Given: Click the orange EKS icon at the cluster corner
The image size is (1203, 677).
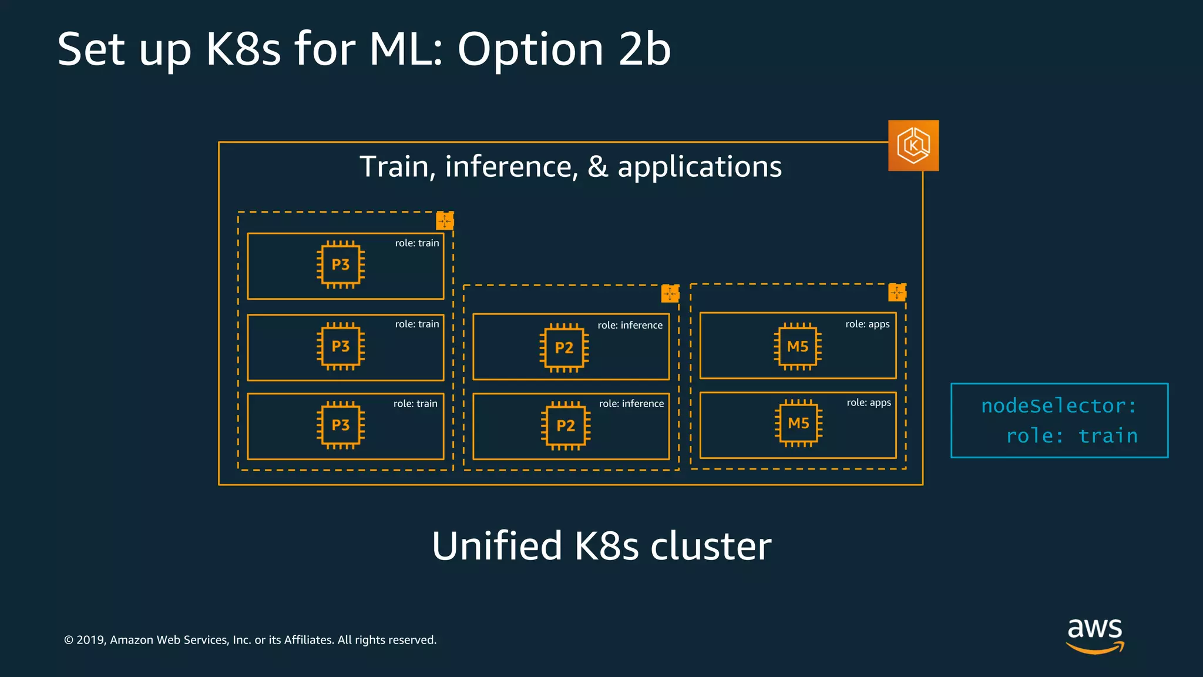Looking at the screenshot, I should [x=913, y=145].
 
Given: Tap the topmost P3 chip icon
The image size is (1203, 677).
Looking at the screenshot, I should [x=341, y=265].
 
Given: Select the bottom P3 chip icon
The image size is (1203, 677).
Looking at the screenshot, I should [x=341, y=425].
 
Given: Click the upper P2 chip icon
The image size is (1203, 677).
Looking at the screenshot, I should [x=564, y=348].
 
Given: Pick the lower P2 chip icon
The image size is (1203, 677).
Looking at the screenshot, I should [x=565, y=425].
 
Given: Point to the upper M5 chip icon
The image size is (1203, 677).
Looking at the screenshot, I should [x=798, y=347].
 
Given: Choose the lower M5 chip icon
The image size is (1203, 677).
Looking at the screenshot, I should [x=798, y=423].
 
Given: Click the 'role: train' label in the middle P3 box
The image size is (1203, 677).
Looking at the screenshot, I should [x=417, y=324].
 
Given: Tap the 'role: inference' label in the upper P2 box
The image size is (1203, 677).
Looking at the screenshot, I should [x=630, y=326].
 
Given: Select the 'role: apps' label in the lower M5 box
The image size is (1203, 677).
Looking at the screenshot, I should [x=868, y=403].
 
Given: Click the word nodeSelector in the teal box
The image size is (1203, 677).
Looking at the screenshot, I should [x=1053, y=406].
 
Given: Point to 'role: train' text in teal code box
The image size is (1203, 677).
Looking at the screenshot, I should [x=1072, y=436].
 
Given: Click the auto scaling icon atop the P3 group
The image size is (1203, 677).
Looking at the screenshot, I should [x=445, y=221].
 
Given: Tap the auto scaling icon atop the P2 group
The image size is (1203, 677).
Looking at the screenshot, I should [x=670, y=293].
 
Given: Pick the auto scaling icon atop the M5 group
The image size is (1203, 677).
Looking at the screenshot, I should [x=896, y=292].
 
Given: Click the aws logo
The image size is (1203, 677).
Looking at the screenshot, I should [x=1095, y=635].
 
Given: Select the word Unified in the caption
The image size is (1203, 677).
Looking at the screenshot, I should [x=497, y=546].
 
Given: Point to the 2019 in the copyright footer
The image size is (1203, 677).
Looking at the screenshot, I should [x=90, y=640].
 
